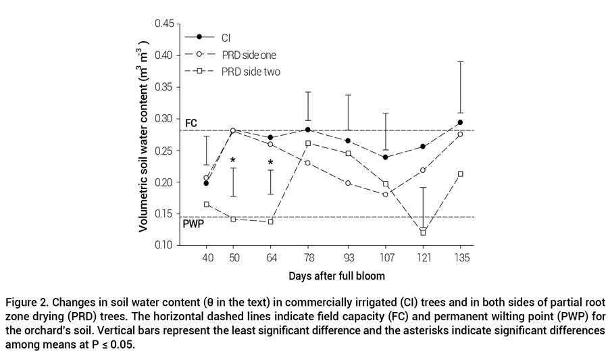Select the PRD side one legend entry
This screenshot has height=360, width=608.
tap(248, 54)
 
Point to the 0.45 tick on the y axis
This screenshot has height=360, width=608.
tap(163, 24)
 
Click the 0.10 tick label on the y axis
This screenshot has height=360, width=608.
tap(163, 245)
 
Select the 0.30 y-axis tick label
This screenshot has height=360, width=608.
tap(163, 119)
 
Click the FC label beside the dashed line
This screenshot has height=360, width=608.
tap(191, 123)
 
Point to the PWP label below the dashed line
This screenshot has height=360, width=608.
tap(193, 223)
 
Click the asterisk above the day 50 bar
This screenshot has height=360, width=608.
tap(233, 161)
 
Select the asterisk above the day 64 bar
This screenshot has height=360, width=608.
tap(270, 163)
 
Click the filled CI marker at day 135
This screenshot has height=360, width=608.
tap(460, 122)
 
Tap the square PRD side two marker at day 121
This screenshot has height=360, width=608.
tap(423, 232)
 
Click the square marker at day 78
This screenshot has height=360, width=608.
tap(308, 143)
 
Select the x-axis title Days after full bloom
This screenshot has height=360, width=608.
tap(336, 276)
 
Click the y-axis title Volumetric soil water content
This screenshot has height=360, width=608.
tap(145, 134)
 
